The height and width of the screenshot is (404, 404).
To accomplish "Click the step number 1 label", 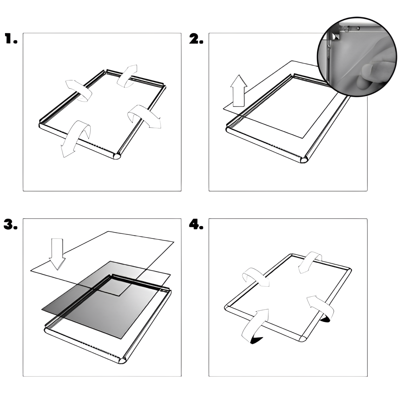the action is click(x=11, y=39).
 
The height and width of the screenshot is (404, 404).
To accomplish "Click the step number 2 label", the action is click(x=196, y=39).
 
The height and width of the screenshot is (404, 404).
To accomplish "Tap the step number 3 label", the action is click(x=10, y=224).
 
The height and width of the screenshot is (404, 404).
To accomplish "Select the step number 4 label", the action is click(x=196, y=224).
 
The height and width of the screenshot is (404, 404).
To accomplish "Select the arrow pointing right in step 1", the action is click(x=144, y=116).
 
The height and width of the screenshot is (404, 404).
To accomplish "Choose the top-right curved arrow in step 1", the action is click(x=127, y=75).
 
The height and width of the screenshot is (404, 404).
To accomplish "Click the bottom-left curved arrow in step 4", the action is click(x=255, y=326).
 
